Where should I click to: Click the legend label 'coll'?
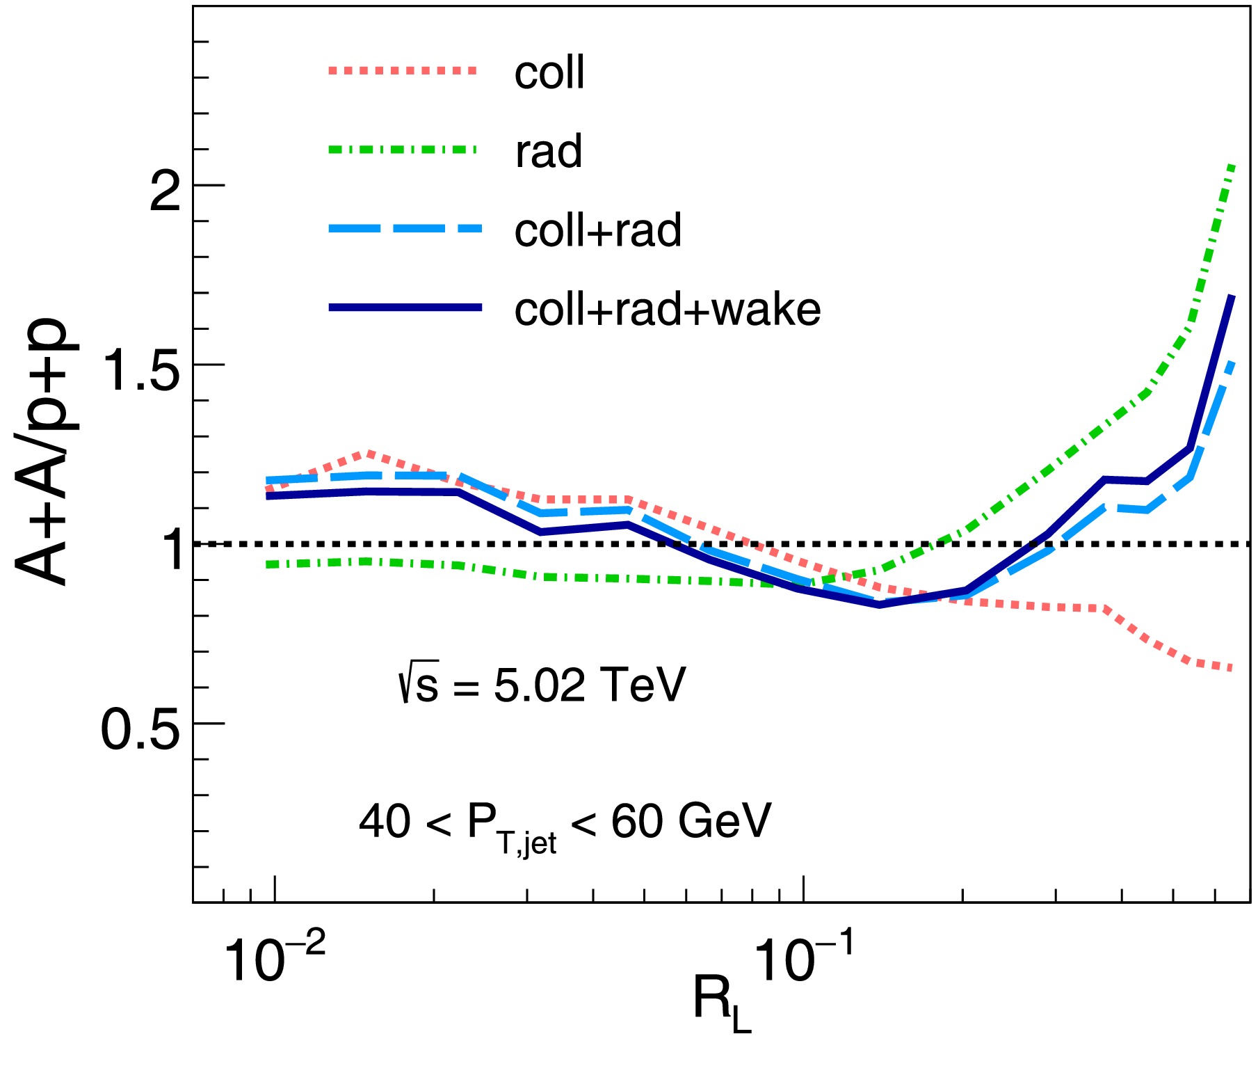549,72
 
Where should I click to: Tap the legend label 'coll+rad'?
597,230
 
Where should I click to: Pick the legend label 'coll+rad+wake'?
667,309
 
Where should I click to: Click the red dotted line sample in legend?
404,70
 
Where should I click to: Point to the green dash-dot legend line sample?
404,149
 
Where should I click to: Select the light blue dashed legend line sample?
404,228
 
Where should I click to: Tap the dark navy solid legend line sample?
404,307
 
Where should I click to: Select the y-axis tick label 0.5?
140,730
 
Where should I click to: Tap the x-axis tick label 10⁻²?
274,959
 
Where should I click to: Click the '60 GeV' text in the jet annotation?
691,821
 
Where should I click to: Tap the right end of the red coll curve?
1232,669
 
